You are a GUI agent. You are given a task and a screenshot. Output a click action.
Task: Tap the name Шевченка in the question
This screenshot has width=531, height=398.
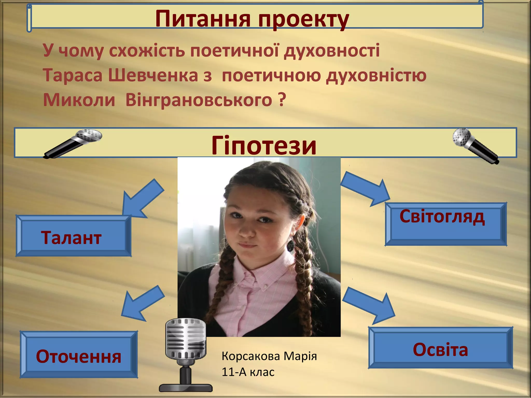(x=153, y=75)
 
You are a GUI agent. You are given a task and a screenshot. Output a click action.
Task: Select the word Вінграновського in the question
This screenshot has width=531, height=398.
(x=199, y=100)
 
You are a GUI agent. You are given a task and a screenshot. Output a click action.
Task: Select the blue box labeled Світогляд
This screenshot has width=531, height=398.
(x=445, y=224)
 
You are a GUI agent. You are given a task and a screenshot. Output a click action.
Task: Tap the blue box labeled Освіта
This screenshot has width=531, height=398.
(x=440, y=348)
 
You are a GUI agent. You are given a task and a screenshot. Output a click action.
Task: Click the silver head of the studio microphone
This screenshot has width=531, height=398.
(x=186, y=338)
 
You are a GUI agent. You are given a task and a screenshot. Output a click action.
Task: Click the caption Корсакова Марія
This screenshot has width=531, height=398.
(x=269, y=356)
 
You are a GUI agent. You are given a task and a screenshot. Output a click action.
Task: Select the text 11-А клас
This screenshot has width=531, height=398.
(x=248, y=372)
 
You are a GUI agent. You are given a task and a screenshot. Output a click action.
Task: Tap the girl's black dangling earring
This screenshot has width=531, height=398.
(x=291, y=245)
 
